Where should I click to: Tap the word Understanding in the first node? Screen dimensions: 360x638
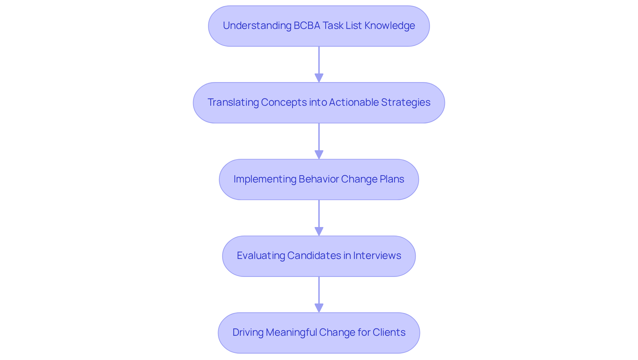[x=257, y=26]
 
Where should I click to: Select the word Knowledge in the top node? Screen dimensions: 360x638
[x=389, y=26]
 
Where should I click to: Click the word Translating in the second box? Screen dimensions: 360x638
[x=233, y=102]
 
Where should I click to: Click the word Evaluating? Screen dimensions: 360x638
[x=261, y=256]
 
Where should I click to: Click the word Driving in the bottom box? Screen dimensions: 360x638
[x=248, y=332]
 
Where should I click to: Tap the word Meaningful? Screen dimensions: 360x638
[x=291, y=332]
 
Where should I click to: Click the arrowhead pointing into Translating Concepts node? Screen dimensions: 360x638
[x=319, y=78]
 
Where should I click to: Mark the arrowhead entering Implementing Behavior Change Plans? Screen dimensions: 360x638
[x=319, y=155]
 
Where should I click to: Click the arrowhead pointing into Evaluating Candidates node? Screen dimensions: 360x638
[x=319, y=232]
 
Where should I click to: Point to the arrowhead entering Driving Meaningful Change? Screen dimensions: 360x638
[x=319, y=308]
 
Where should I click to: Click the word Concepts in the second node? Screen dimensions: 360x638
[x=283, y=102]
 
